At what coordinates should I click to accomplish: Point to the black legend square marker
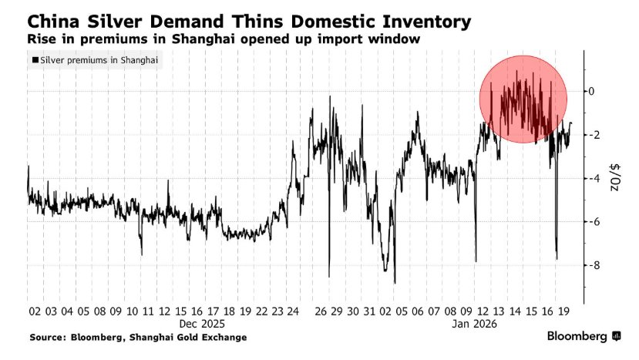point(35,59)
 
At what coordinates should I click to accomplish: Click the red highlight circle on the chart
point(523,99)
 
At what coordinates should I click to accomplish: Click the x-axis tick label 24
point(293,311)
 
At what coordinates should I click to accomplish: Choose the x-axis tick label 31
point(369,311)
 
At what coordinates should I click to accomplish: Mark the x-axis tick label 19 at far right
point(563,311)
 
